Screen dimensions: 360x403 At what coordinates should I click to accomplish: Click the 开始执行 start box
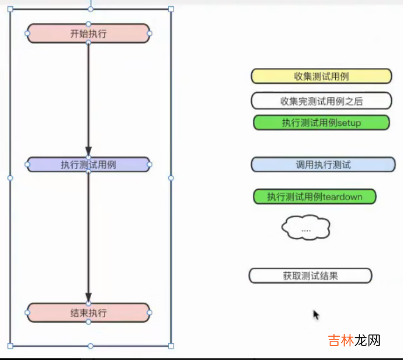click(88, 33)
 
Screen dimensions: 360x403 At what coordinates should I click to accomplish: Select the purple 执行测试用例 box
click(88, 164)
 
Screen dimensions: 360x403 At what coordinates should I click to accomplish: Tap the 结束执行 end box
click(88, 313)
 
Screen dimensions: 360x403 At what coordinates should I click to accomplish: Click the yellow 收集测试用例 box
click(321, 76)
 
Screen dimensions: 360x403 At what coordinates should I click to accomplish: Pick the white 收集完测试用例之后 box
click(321, 101)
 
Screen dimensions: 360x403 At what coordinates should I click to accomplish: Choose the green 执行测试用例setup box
click(321, 122)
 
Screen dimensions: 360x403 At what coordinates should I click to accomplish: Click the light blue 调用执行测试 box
click(323, 165)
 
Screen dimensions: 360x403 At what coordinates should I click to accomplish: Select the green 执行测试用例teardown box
click(315, 196)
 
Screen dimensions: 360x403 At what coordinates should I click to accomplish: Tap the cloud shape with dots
click(306, 228)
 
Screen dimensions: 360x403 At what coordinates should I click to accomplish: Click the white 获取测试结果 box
click(310, 275)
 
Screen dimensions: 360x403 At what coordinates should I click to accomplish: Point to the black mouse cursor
click(315, 314)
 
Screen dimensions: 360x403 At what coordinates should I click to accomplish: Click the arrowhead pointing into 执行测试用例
click(88, 151)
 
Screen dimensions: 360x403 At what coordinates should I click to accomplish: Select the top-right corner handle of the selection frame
click(171, 9)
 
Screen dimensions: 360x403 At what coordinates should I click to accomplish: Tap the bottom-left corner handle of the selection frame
click(10, 346)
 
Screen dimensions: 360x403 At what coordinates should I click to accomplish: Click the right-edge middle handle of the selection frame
click(171, 178)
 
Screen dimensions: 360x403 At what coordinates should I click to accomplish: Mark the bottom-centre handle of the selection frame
click(91, 346)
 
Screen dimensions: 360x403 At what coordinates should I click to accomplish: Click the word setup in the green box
click(350, 123)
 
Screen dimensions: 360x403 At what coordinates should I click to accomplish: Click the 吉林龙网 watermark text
click(354, 340)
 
